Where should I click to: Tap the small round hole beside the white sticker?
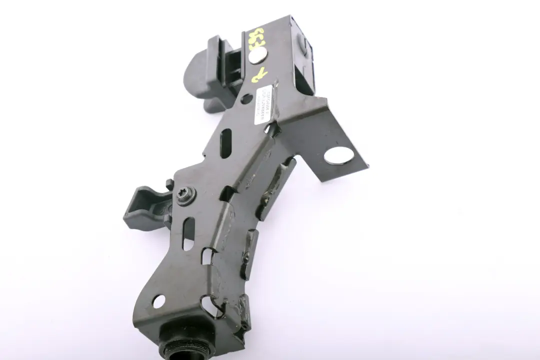pyautogui.click(x=245, y=99)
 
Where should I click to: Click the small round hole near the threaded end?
pyautogui.click(x=158, y=301)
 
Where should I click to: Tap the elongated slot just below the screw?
pyautogui.click(x=188, y=232)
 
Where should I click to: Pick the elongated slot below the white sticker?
pyautogui.click(x=225, y=142)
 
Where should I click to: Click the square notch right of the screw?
pyautogui.click(x=227, y=193)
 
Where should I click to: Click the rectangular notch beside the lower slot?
pyautogui.click(x=207, y=256)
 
